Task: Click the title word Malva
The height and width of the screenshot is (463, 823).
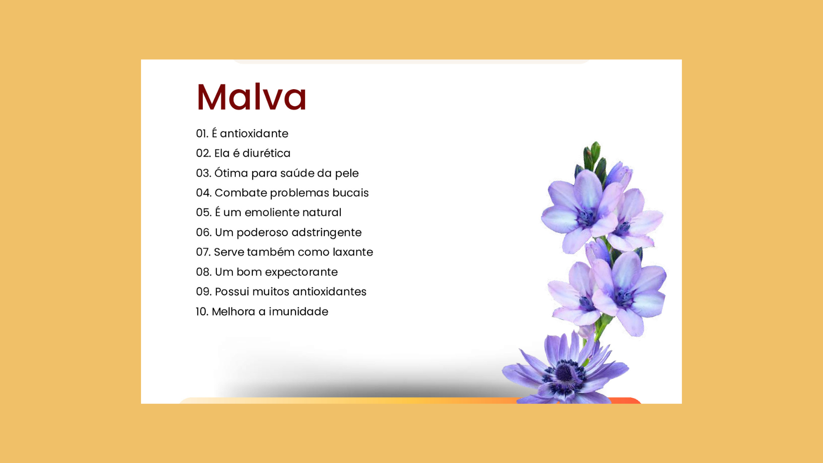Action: pyautogui.click(x=252, y=97)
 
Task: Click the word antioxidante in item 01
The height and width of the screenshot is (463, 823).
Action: pyautogui.click(x=254, y=133)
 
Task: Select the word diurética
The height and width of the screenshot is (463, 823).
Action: pyautogui.click(x=266, y=153)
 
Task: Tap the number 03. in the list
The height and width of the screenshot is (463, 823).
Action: pyautogui.click(x=204, y=173)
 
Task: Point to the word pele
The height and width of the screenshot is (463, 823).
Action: pyautogui.click(x=347, y=174)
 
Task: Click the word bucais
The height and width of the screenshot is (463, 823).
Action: pyautogui.click(x=350, y=193)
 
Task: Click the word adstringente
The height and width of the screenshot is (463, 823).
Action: pyautogui.click(x=327, y=233)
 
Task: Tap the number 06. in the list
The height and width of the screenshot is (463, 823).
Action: pyautogui.click(x=204, y=232)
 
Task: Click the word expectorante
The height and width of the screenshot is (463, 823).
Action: pyautogui.click(x=301, y=272)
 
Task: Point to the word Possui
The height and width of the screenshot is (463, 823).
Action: pyautogui.click(x=232, y=292)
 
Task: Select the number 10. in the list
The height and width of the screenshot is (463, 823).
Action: pyautogui.click(x=202, y=312)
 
